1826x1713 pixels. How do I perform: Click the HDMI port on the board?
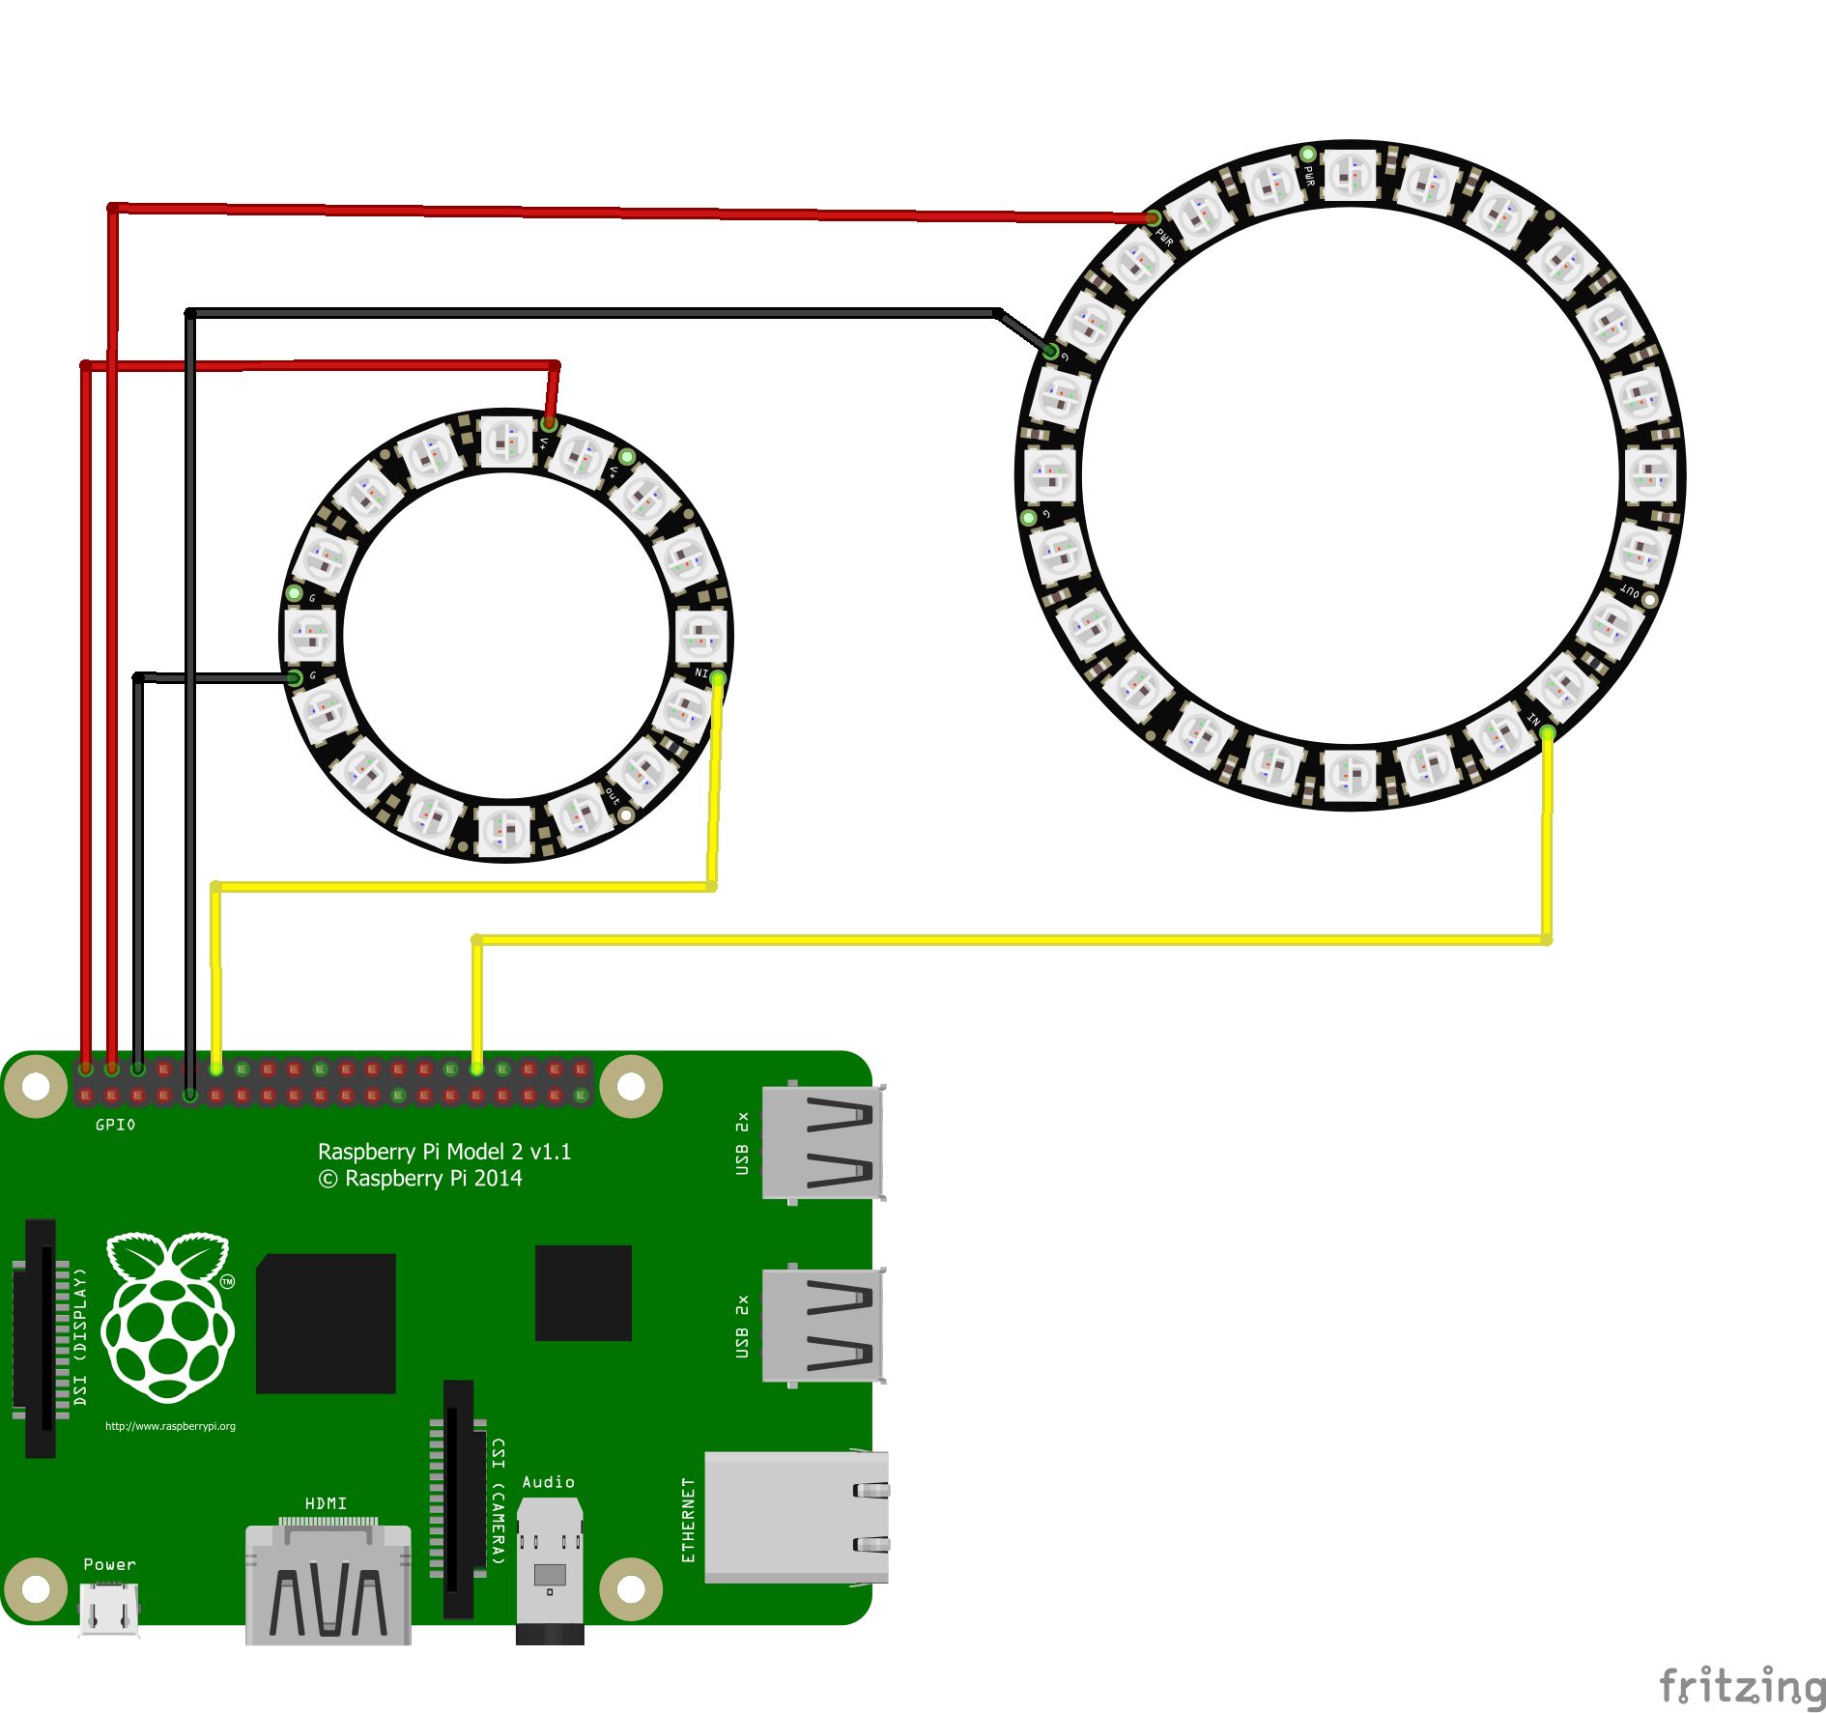328,1585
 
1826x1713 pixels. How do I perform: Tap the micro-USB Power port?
109,1609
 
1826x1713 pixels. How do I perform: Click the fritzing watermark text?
1742,1686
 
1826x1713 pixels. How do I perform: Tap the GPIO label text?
116,1125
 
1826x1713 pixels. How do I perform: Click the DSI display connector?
41,1338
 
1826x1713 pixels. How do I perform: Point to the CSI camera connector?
459,1498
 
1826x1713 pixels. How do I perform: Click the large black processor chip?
327,1324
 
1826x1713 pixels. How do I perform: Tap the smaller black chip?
584,1293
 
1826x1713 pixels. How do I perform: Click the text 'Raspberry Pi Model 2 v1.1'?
444,1152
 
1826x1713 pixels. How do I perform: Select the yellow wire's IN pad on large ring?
1548,733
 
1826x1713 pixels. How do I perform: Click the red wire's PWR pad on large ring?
1153,218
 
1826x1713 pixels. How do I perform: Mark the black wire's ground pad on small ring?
295,678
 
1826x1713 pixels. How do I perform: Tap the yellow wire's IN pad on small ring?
718,679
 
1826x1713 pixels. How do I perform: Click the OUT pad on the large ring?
1649,600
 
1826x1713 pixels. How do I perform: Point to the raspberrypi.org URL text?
170,1426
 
